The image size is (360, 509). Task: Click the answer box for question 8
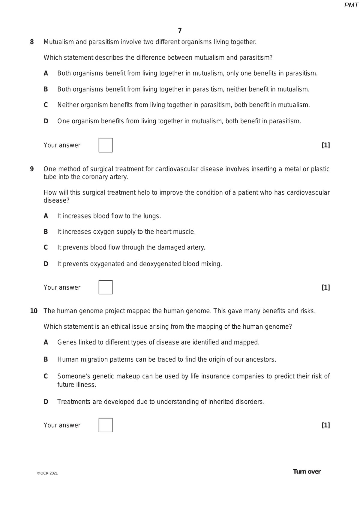click(x=105, y=145)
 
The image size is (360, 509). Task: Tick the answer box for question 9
click(x=105, y=287)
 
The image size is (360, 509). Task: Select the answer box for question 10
click(x=105, y=425)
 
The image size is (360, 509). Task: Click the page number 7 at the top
click(x=180, y=31)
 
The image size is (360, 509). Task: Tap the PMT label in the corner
click(x=351, y=5)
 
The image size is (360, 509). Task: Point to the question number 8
click(x=32, y=42)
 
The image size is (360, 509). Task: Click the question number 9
click(x=32, y=169)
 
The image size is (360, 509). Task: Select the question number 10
click(x=34, y=311)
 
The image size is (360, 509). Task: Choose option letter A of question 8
click(x=46, y=73)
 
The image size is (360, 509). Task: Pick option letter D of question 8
click(x=46, y=121)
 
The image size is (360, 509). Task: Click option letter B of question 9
click(x=46, y=232)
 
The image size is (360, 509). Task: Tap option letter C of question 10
click(x=46, y=376)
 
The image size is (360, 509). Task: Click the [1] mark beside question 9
click(x=325, y=287)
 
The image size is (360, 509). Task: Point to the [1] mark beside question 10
click(x=325, y=425)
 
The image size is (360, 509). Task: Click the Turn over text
click(x=307, y=471)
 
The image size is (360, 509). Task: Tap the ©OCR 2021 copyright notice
click(x=47, y=473)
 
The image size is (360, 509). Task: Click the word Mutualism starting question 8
click(x=59, y=42)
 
